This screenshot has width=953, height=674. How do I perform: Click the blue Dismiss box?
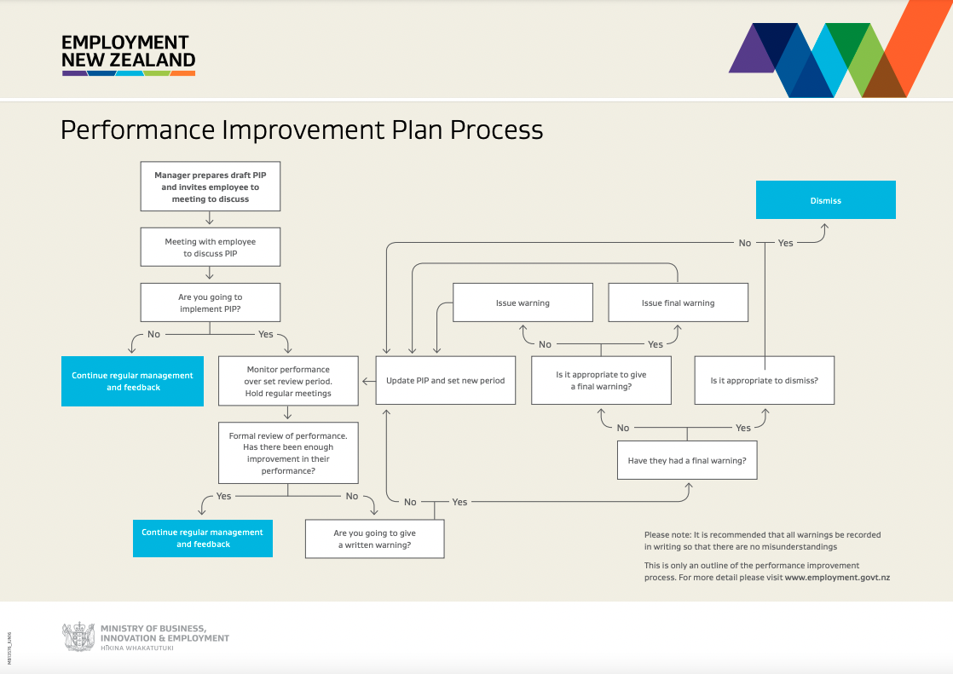pyautogui.click(x=825, y=200)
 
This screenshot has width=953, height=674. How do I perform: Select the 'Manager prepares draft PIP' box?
pyautogui.click(x=210, y=187)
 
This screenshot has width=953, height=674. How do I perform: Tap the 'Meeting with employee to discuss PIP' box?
pyautogui.click(x=210, y=247)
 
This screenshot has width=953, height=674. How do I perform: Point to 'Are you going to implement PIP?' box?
pyautogui.click(x=210, y=303)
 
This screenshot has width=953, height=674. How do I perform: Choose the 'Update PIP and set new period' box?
pyautogui.click(x=445, y=380)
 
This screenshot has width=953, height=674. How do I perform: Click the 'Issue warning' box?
pyautogui.click(x=523, y=302)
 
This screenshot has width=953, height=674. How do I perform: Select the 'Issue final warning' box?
pyautogui.click(x=678, y=302)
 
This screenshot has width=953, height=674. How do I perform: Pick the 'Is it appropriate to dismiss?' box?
pyautogui.click(x=764, y=380)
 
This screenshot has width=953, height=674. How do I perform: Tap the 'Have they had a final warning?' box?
pyautogui.click(x=687, y=460)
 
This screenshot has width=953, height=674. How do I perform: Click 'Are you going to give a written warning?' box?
pyautogui.click(x=374, y=539)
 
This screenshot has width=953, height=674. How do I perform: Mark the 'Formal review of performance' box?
pyautogui.click(x=288, y=452)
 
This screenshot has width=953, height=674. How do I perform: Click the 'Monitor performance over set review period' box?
pyautogui.click(x=288, y=381)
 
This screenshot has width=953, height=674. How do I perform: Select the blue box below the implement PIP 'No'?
pyautogui.click(x=132, y=381)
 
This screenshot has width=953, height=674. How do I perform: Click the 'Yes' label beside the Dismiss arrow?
pyautogui.click(x=785, y=243)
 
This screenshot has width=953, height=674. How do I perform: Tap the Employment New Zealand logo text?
pyautogui.click(x=128, y=52)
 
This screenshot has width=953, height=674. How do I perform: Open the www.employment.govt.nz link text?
pyautogui.click(x=837, y=578)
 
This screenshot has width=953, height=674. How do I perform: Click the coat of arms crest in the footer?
pyautogui.click(x=78, y=637)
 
